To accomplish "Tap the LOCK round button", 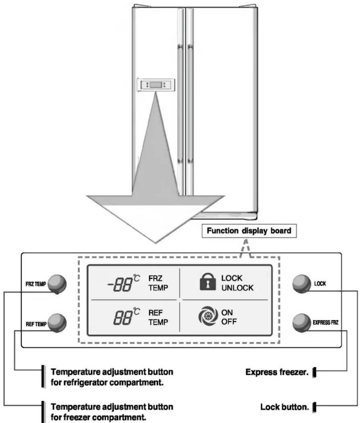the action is [x=301, y=284].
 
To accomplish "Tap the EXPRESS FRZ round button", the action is [x=301, y=323].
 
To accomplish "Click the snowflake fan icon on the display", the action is [x=208, y=316].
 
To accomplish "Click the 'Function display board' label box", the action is [x=249, y=231].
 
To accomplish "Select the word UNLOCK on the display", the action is [x=237, y=288].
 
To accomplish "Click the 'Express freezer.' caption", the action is [x=277, y=372].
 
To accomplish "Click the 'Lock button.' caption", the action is [x=284, y=407].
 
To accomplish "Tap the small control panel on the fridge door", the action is [x=156, y=84].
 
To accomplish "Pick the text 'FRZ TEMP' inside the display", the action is [x=158, y=283].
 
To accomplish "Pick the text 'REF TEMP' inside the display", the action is [x=158, y=317].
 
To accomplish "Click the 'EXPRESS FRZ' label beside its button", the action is [x=325, y=322].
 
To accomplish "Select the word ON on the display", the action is [x=227, y=312].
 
